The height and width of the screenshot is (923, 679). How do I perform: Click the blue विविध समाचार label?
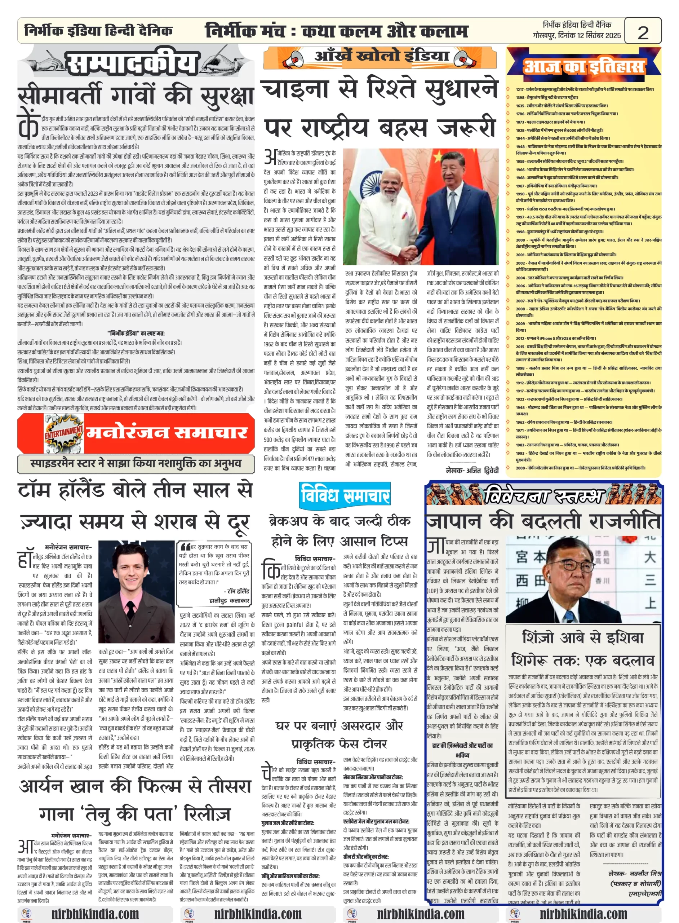(345, 495)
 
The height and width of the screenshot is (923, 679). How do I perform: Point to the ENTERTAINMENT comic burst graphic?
(64, 433)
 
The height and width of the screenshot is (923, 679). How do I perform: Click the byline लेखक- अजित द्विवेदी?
(472, 470)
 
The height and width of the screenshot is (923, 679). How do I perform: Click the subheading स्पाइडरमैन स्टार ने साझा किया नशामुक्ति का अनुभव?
(136, 464)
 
